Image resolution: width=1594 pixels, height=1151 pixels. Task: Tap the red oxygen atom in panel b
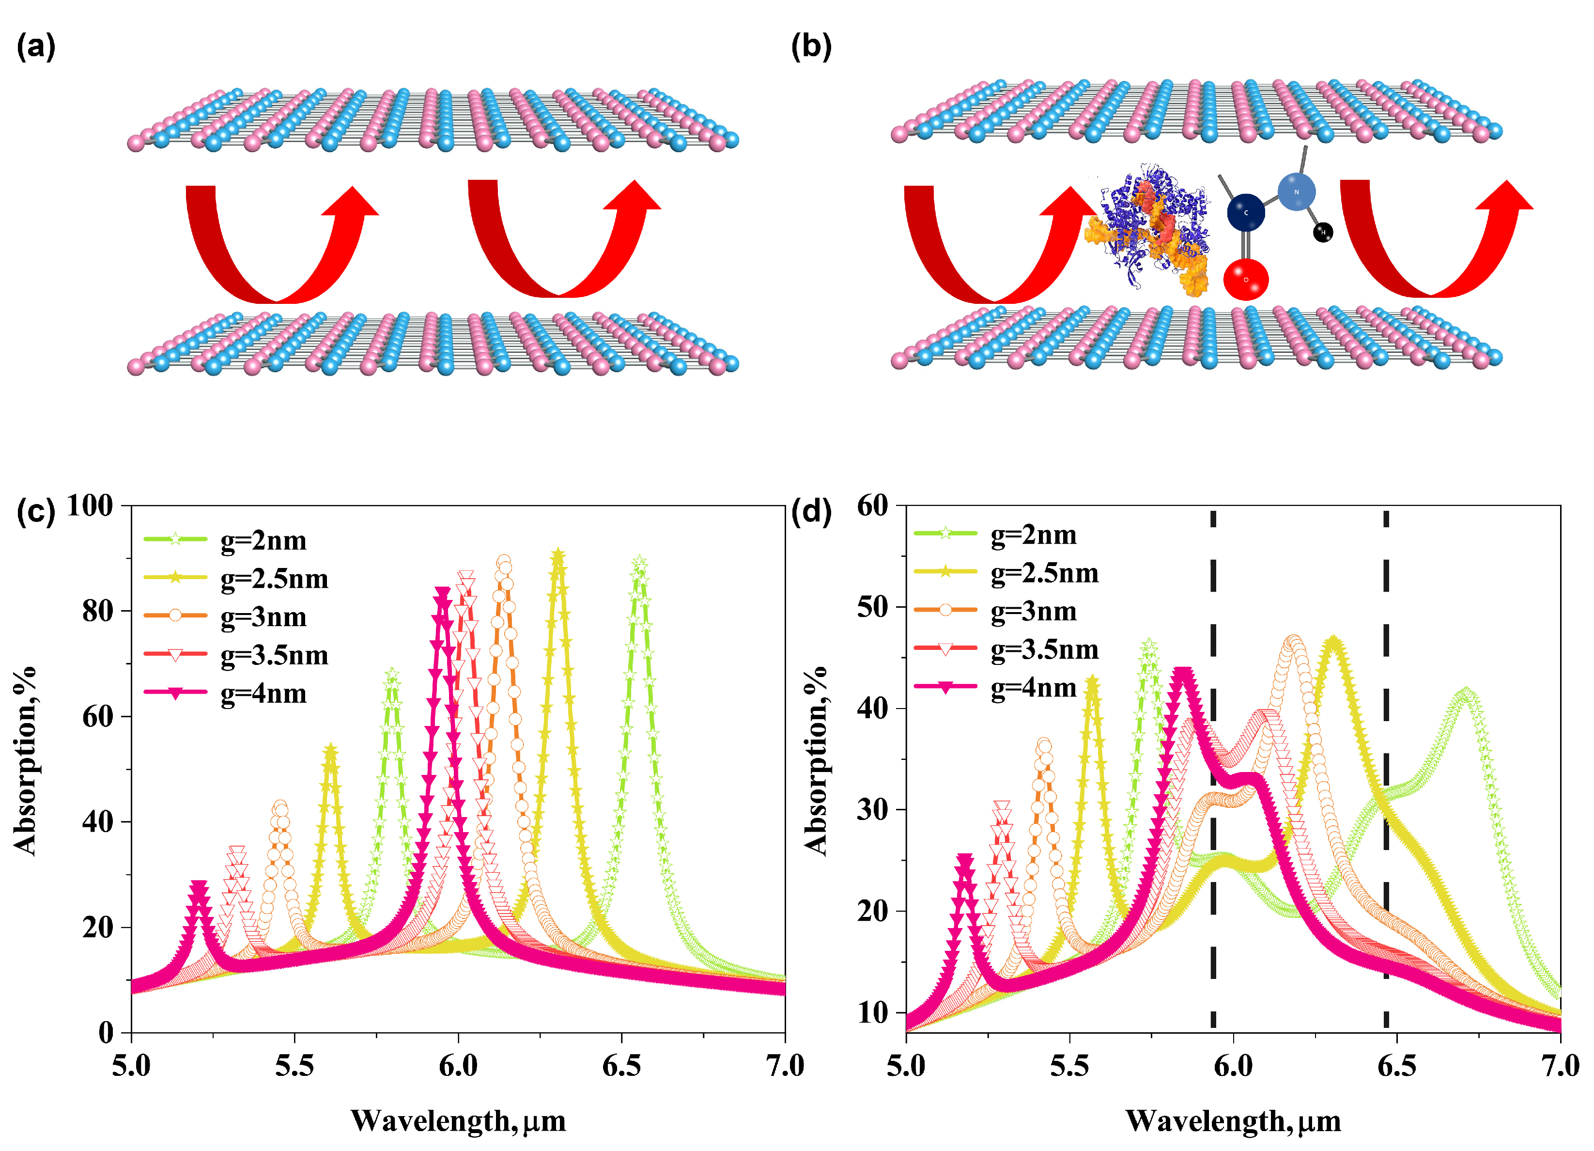point(1245,279)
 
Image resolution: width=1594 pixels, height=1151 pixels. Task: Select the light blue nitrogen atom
point(1296,191)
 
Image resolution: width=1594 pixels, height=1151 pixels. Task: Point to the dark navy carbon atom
point(1245,212)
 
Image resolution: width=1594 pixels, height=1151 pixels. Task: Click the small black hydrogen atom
point(1323,232)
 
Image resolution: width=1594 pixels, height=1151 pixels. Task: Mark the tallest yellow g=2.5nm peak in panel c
point(558,557)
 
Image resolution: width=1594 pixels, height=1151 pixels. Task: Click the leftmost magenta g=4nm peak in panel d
point(965,861)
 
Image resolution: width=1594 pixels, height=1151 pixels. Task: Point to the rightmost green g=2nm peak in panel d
point(1466,694)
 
